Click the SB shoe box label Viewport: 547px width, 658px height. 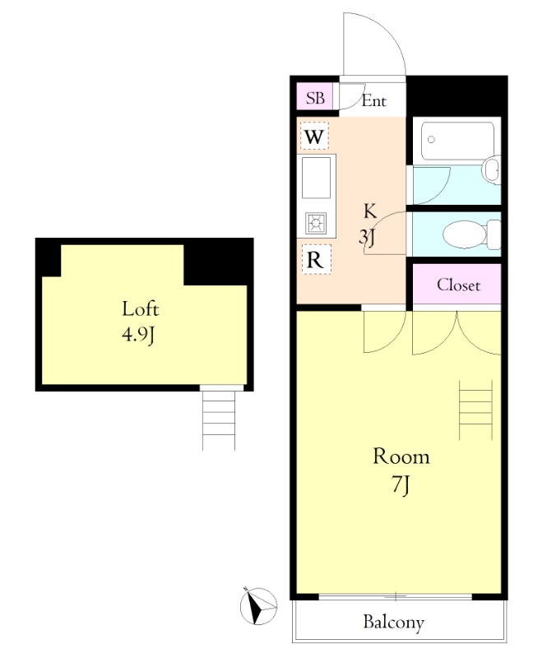tap(315, 98)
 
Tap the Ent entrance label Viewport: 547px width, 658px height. tap(374, 100)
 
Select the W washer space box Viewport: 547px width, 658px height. tap(314, 136)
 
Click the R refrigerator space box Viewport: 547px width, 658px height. tap(316, 260)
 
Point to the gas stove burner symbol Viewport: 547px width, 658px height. tap(316, 223)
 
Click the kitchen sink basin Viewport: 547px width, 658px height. tap(316, 178)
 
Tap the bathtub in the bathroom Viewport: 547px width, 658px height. tap(457, 141)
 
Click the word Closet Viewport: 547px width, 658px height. tap(458, 285)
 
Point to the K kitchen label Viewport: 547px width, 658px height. tap(370, 211)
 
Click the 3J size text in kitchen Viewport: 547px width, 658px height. tap(367, 238)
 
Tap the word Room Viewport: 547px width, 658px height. tap(401, 456)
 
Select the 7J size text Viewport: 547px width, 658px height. tap(401, 485)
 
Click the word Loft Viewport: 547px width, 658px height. tap(140, 309)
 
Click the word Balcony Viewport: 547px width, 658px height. tap(394, 623)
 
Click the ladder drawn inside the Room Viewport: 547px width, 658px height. tap(475, 410)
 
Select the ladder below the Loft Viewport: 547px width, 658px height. tap(219, 420)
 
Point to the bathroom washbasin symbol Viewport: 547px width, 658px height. tap(492, 170)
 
